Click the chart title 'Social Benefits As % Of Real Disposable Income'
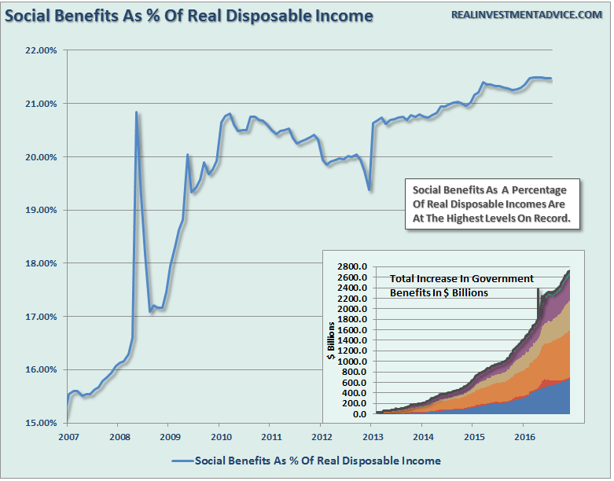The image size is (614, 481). (189, 16)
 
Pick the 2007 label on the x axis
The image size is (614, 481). (68, 435)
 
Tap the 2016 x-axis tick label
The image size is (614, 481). (523, 435)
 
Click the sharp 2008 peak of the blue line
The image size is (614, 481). (136, 112)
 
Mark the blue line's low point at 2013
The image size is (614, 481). (370, 190)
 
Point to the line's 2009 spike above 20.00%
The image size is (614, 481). (187, 155)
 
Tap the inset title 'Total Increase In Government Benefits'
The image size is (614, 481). (461, 285)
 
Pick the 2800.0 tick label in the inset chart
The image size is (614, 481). (354, 267)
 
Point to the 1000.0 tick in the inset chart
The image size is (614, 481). (354, 362)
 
